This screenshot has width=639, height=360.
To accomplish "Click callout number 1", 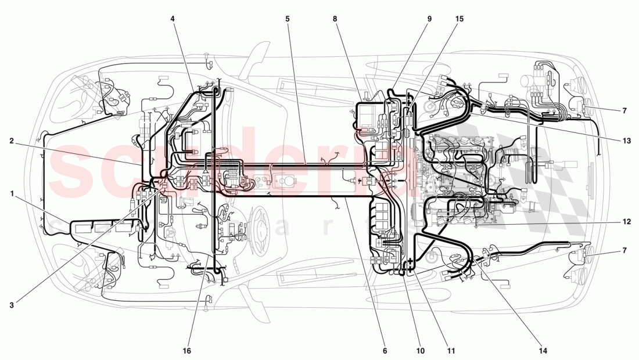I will point(12,194).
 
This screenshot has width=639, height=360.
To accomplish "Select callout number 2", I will point(12,140).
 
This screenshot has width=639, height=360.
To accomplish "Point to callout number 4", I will point(173,19).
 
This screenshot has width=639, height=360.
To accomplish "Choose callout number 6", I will point(385,351).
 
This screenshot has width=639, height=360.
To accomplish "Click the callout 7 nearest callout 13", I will point(624,110).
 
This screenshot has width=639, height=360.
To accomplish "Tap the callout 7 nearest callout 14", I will point(624,250).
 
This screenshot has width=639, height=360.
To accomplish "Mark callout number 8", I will point(335,19).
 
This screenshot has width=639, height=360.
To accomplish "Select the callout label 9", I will point(430,19).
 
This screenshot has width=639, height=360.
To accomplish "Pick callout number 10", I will point(420,351).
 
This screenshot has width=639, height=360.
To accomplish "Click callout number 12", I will point(624,221).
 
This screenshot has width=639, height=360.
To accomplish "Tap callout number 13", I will point(624,140).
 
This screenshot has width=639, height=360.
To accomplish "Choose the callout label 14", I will point(543,351).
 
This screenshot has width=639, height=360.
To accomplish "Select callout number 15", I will point(459,19).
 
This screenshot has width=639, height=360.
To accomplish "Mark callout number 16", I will point(188,351).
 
